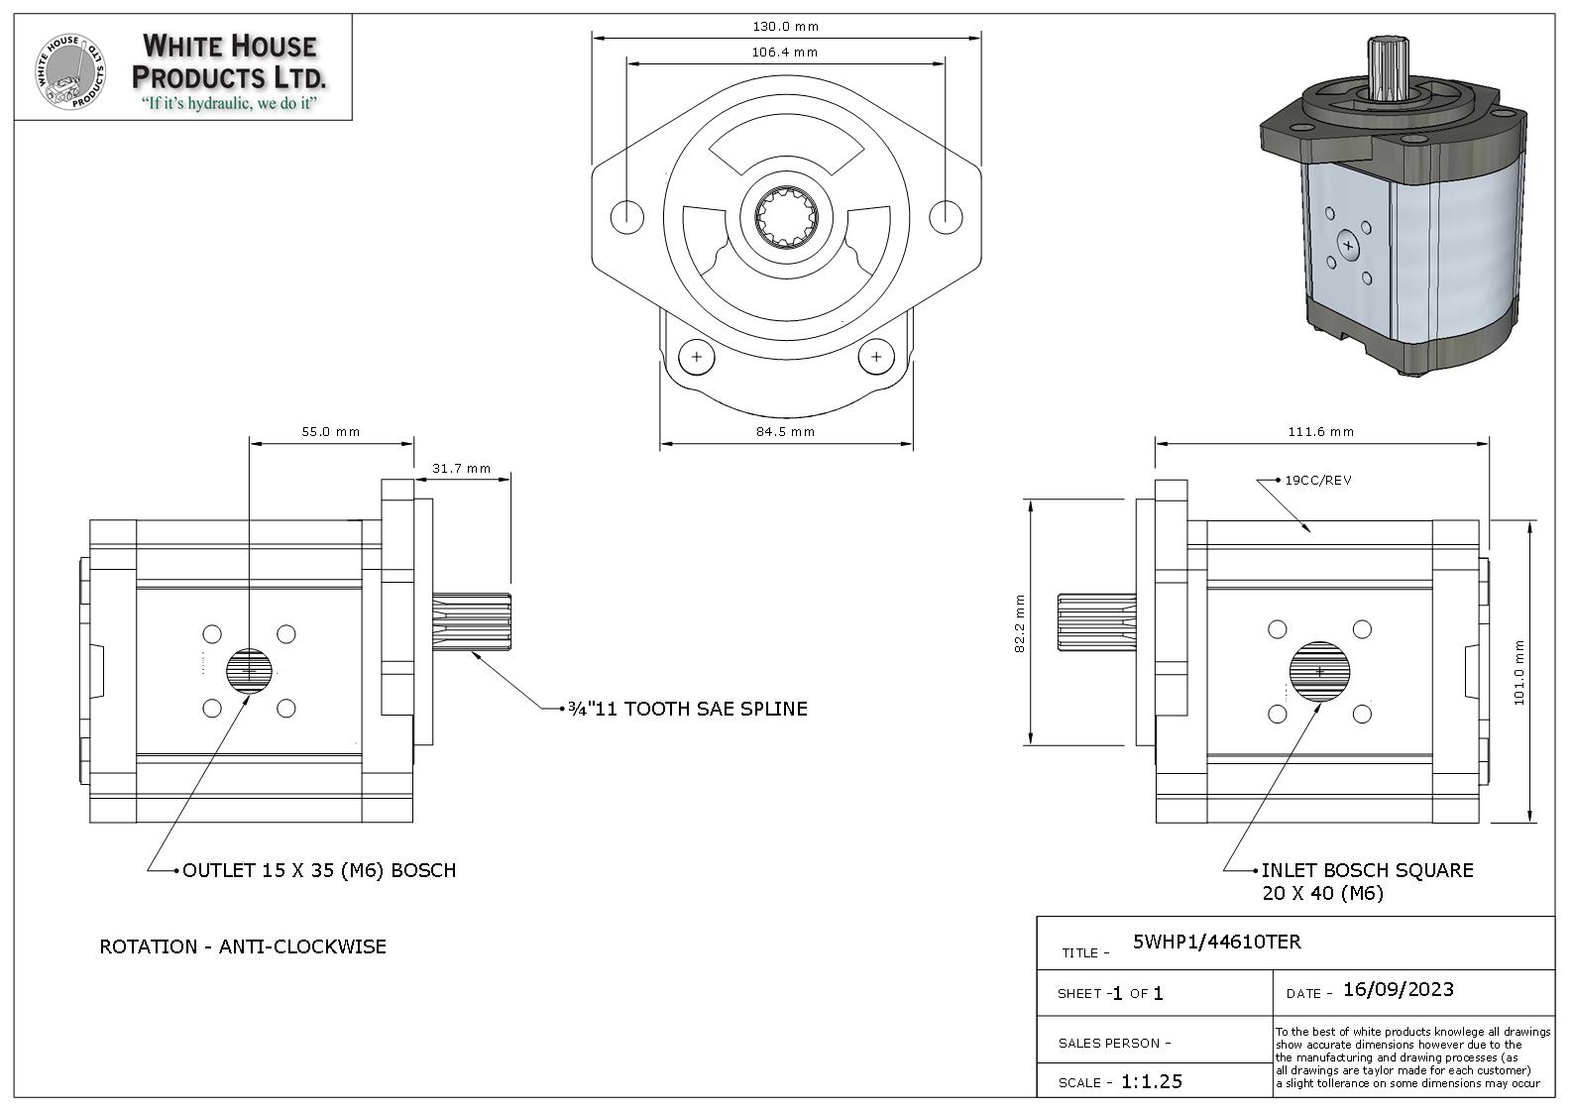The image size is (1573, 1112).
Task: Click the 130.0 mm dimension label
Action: pos(785,27)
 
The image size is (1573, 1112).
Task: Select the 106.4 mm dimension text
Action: pos(785,53)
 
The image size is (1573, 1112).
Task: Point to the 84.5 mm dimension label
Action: pos(785,431)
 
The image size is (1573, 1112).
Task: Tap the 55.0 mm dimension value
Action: pos(331,432)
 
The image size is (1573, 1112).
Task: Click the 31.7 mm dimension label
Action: pos(461,469)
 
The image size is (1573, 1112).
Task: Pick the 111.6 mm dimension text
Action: pos(1321,432)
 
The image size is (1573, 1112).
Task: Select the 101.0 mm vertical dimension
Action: pos(1519,672)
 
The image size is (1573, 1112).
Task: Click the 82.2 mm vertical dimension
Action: pos(1020,623)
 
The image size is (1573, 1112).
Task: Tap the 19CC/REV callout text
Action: pos(1318,481)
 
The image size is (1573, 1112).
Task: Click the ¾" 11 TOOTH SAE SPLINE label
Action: pos(687,709)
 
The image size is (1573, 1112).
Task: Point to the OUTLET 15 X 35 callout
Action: pos(319,871)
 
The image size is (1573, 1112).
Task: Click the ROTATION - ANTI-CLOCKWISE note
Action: pos(243,946)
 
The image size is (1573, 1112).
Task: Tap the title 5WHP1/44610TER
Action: pos(1216,943)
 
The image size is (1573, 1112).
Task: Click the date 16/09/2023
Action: pos(1398,990)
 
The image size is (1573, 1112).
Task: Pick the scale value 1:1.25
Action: pos(1152,1081)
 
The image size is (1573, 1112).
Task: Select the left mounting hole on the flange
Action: pos(626,216)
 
